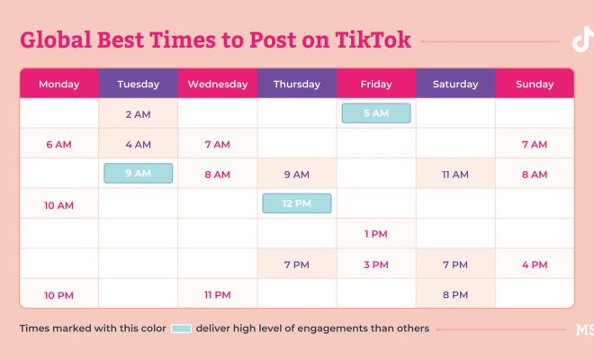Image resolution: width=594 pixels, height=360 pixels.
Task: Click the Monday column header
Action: click(59, 84)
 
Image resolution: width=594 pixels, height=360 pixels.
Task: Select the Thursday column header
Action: click(297, 84)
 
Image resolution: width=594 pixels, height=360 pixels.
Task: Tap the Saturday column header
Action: click(455, 84)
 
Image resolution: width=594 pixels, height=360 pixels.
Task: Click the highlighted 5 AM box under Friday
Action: click(376, 113)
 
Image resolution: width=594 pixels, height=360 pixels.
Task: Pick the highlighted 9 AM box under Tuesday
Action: click(139, 173)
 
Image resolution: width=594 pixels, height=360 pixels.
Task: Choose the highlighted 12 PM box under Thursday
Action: click(297, 203)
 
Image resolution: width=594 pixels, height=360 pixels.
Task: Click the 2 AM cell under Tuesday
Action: click(139, 113)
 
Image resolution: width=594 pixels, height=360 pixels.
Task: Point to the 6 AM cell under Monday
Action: click(59, 143)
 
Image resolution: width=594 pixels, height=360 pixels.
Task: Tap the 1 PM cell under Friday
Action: click(376, 233)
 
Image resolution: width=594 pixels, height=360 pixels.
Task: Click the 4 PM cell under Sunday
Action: click(535, 264)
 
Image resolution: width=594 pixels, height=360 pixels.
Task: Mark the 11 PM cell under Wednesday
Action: click(218, 293)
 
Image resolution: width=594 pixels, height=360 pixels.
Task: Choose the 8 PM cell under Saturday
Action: click(455, 293)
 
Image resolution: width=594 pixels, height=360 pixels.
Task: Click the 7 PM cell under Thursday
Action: click(297, 264)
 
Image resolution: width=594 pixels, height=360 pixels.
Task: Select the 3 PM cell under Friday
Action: click(376, 264)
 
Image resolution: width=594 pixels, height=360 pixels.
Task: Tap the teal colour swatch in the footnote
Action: click(181, 328)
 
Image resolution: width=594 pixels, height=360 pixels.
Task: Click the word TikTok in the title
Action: click(373, 40)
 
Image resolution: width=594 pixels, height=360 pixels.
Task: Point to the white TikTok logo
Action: click(582, 39)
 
